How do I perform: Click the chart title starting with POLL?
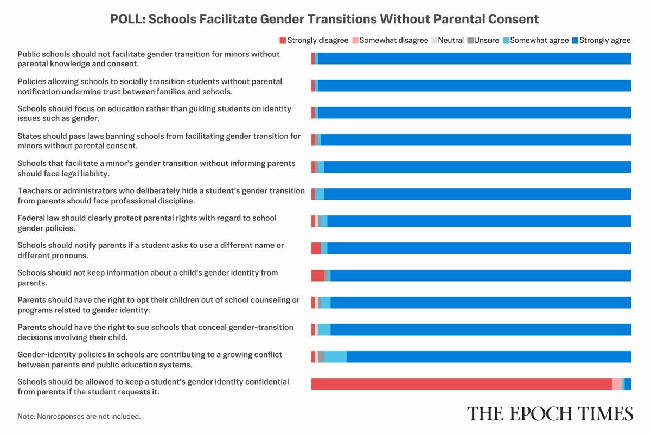point(324,19)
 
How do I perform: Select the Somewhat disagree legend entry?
point(390,40)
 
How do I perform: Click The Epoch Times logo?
point(550,413)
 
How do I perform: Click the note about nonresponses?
point(79,416)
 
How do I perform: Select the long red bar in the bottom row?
point(461,384)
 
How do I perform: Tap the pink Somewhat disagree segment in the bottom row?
point(616,384)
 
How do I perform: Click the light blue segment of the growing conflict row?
point(335,356)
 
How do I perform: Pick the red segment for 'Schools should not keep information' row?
point(317,275)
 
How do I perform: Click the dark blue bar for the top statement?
point(474,59)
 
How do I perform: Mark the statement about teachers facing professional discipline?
point(161,195)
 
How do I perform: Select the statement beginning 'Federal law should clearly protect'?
point(146,223)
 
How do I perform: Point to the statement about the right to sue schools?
point(155,332)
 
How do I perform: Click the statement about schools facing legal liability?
point(156,168)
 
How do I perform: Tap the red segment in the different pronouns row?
point(316,248)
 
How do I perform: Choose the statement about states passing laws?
point(158,141)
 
